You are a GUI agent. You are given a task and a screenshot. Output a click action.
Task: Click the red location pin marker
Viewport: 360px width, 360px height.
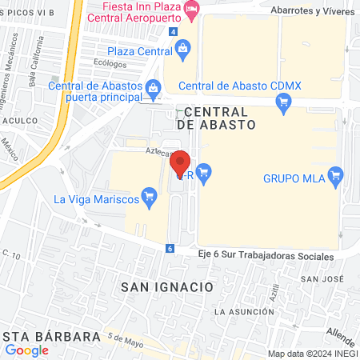pos(181,163)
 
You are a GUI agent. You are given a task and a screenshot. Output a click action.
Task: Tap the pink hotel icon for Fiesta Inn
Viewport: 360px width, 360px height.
pos(190,9)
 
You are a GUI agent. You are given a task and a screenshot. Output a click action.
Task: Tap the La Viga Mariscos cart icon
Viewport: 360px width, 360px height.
pos(148,194)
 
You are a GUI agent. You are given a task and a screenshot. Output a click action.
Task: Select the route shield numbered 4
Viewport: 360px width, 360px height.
pos(173,31)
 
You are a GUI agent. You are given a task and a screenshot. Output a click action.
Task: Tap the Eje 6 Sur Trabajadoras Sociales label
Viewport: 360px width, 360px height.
pos(266,255)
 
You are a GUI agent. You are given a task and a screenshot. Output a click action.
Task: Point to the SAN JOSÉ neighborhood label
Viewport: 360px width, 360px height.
pos(321,278)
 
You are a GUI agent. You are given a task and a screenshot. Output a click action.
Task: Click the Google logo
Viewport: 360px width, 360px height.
pos(26,350)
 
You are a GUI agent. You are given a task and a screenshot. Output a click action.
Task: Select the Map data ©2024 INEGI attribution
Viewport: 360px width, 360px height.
pos(311,354)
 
